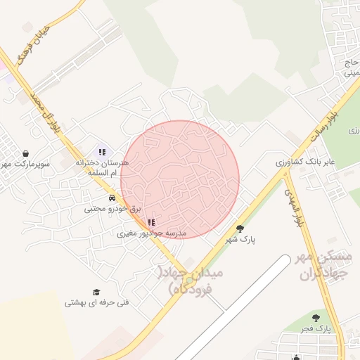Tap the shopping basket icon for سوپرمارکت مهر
26,153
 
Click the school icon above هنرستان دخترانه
102,151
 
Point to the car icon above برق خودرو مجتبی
112,198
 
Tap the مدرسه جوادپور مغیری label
151,232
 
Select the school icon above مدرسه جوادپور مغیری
151,222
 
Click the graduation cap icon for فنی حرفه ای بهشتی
96,292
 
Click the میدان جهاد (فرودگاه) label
192,280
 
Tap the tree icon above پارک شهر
240,229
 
